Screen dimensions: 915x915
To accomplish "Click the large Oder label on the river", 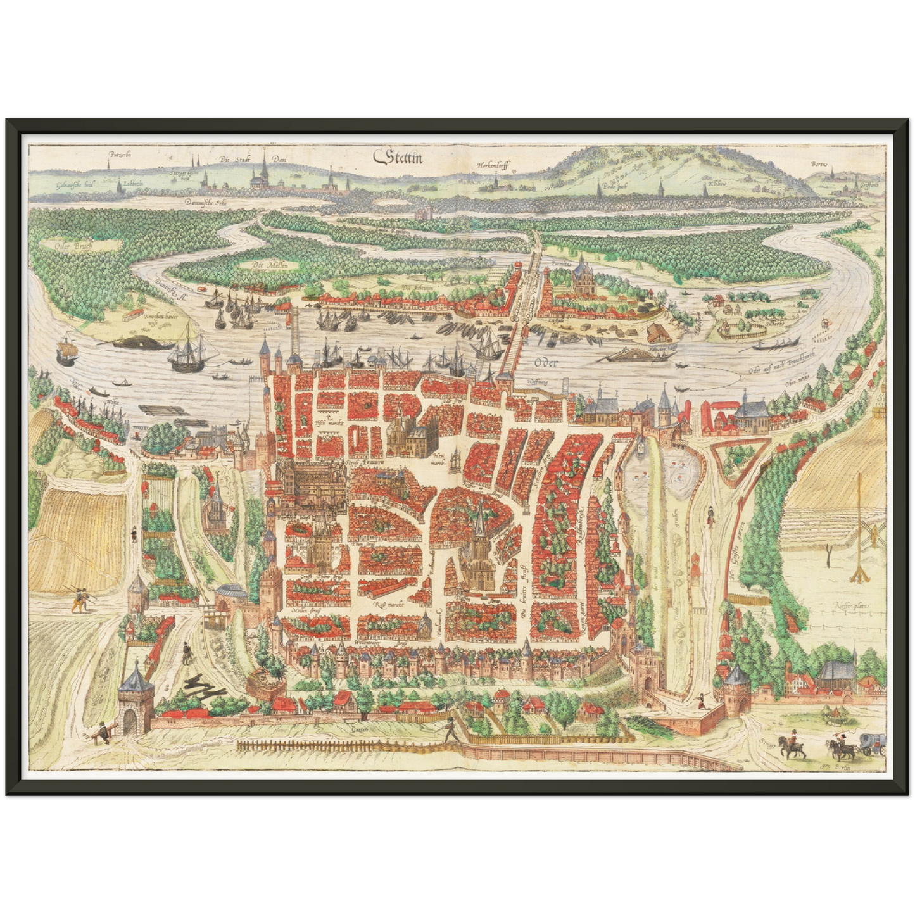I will pos(544,363).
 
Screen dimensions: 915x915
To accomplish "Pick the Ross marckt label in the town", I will pos(390,604).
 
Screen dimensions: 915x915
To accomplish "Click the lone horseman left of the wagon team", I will pos(793,746).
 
